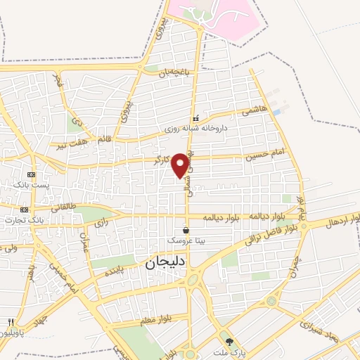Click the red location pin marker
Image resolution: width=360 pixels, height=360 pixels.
[x=181, y=165]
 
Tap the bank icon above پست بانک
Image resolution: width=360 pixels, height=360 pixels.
[x=30, y=174]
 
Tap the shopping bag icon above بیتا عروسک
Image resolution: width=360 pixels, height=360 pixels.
[x=186, y=230]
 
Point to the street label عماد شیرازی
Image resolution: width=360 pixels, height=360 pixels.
[x=307, y=324]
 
